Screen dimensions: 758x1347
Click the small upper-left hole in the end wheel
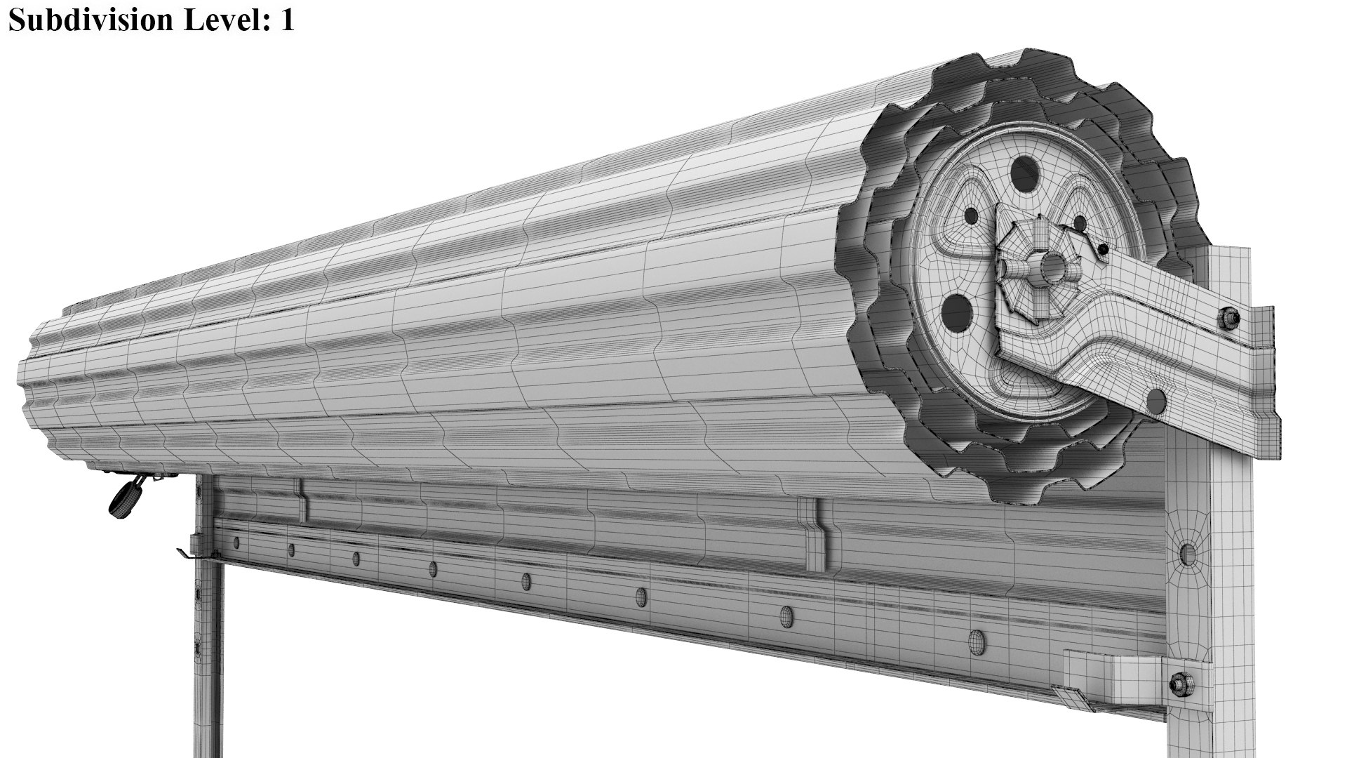pyautogui.click(x=972, y=215)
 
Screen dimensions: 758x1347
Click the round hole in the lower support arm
pyautogui.click(x=1156, y=401)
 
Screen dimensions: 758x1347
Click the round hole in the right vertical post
pyautogui.click(x=1188, y=554)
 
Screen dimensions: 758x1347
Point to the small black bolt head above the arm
pyautogui.click(x=1104, y=248)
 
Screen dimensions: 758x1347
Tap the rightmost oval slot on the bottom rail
pyautogui.click(x=976, y=639)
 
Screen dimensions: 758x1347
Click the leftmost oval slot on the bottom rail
pyautogui.click(x=236, y=542)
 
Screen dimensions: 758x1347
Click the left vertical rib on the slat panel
pyautogui.click(x=302, y=501)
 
